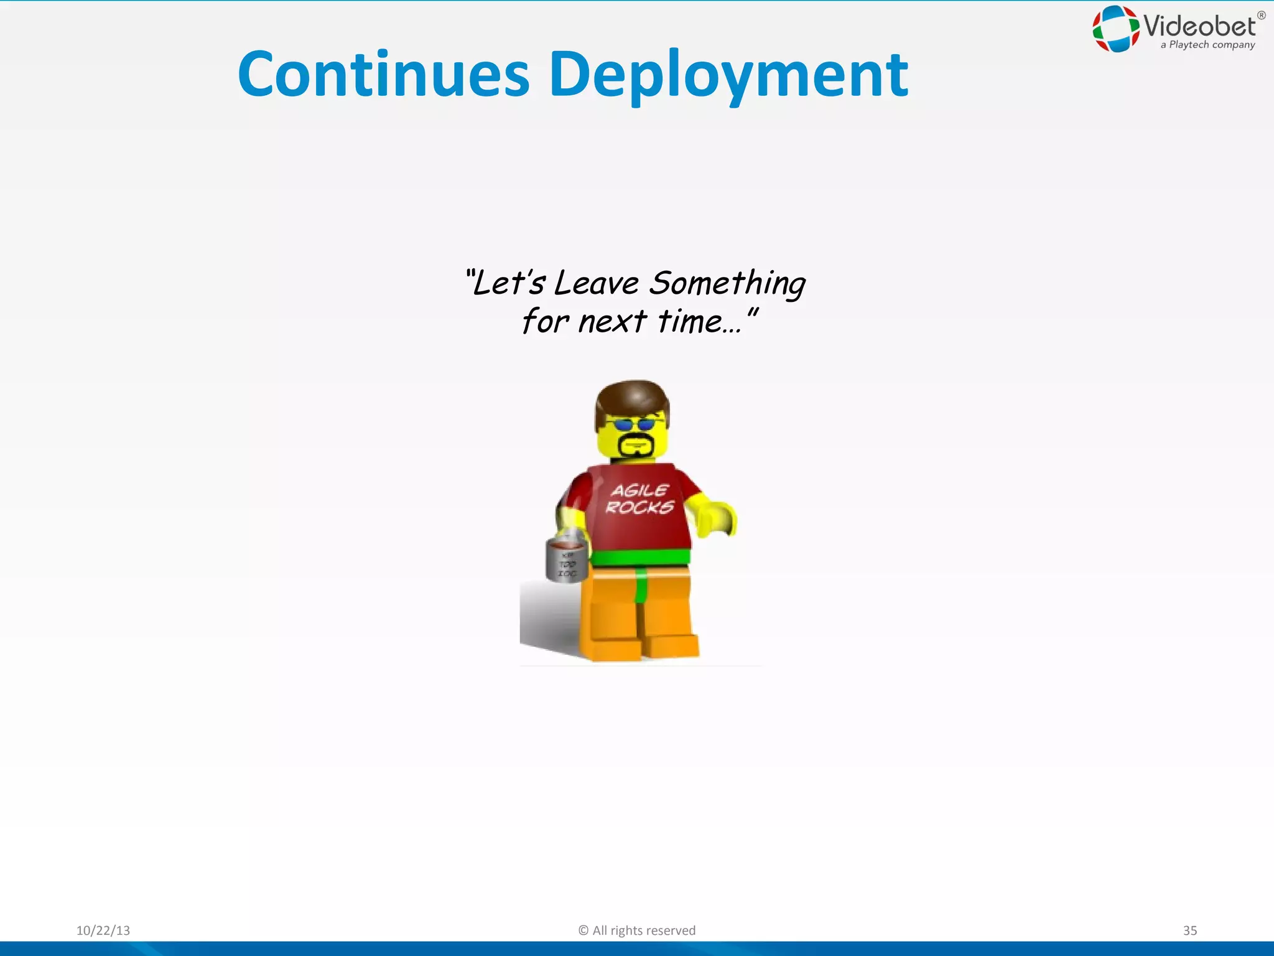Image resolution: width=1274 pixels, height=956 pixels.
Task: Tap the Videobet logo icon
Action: [x=1115, y=29]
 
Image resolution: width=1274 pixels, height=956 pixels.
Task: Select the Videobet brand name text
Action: [x=1200, y=26]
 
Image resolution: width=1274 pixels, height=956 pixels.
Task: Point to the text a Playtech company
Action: [x=1207, y=45]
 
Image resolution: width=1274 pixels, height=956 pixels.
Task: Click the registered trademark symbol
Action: [x=1261, y=16]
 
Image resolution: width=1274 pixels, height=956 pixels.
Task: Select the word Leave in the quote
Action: [x=596, y=284]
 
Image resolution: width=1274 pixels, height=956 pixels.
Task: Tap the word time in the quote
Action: [x=690, y=322]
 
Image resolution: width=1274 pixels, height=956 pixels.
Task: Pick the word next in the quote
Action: [x=612, y=322]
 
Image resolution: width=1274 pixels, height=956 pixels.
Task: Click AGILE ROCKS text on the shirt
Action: [x=640, y=499]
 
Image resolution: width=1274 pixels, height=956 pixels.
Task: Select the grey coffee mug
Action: [x=566, y=560]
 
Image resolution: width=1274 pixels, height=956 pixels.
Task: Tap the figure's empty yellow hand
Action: [x=719, y=518]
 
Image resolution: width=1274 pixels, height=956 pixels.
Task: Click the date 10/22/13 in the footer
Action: [x=103, y=930]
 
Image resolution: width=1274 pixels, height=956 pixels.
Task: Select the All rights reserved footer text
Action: [x=637, y=930]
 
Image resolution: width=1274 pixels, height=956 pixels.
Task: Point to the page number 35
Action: [x=1189, y=930]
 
